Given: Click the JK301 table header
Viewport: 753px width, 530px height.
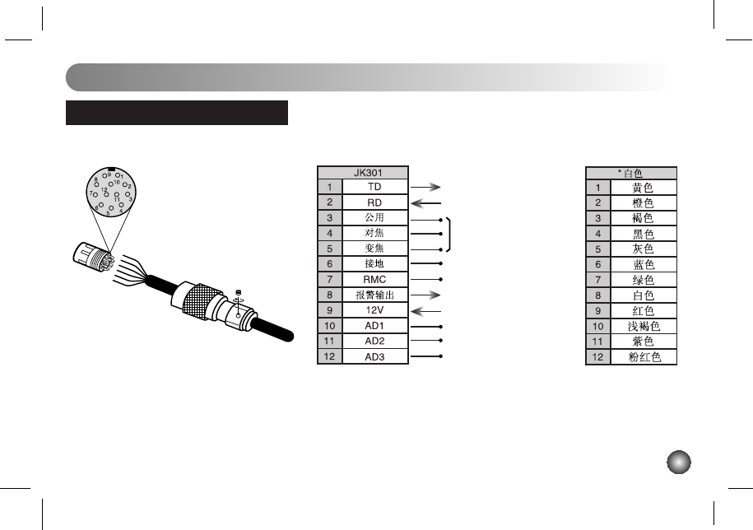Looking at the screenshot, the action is (x=363, y=173).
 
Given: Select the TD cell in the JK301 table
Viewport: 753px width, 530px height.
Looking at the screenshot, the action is (x=374, y=187).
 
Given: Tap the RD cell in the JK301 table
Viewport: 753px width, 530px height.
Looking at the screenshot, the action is (x=374, y=202).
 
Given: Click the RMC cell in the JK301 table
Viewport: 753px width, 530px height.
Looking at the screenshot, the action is (x=374, y=280).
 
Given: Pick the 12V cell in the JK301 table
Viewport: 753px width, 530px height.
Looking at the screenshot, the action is (x=374, y=310).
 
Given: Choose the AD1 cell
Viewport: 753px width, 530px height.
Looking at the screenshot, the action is (x=374, y=326).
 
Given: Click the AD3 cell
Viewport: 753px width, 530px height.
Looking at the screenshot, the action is (x=374, y=356).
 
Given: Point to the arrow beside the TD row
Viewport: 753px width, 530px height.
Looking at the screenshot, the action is (x=425, y=188).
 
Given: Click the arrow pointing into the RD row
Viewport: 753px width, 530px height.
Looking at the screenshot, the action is (x=425, y=203).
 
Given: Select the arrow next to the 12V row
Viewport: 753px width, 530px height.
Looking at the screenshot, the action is (x=425, y=312).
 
